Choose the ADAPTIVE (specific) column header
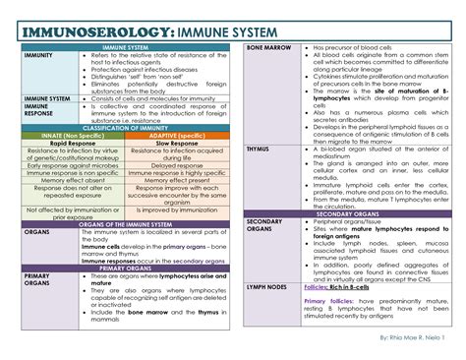178,137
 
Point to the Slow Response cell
178,144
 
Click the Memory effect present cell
178,180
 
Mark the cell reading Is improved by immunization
178,210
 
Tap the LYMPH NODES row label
266,287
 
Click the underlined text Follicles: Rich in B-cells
343,287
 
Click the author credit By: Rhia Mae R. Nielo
414,338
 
